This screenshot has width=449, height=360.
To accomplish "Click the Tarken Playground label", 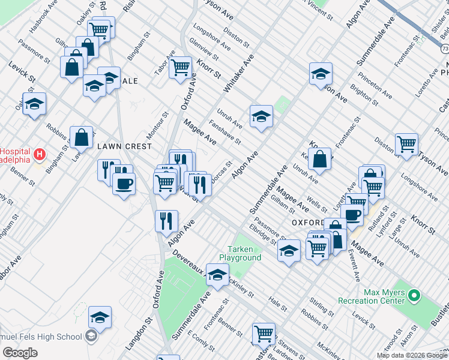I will coord(244,253).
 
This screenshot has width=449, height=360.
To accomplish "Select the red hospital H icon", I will coord(40,155).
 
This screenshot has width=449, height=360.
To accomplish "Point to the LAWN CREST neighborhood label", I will coord(119,146).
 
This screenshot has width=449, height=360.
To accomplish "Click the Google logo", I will coord(20,353).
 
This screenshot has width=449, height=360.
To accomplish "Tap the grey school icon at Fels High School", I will coord(91,336).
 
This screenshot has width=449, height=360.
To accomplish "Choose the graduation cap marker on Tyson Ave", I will coord(321,74).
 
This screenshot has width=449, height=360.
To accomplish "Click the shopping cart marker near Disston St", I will coord(406,143).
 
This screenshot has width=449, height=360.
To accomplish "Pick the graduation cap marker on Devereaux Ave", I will coord(217,274).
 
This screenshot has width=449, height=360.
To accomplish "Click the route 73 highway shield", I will coord(444,48).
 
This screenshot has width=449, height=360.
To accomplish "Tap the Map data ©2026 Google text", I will coord(412,355).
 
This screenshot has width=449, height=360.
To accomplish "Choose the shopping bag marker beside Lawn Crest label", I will coord(81,137).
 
